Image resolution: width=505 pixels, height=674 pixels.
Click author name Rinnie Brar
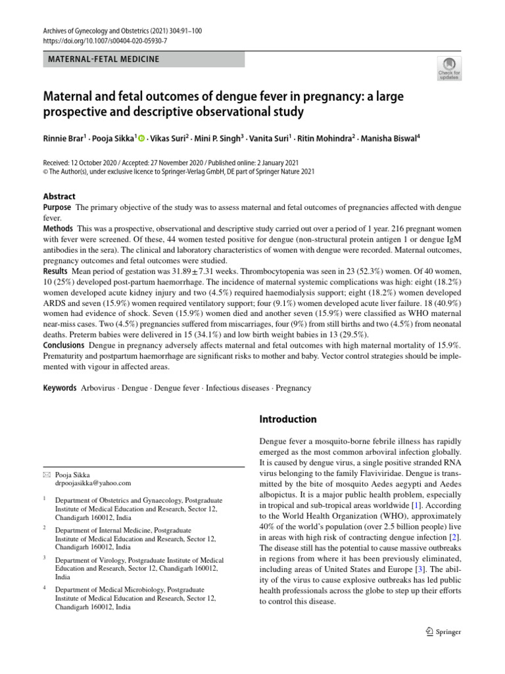(62, 139)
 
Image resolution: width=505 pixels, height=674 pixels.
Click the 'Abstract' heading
(59, 196)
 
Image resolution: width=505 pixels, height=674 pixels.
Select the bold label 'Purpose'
(58, 208)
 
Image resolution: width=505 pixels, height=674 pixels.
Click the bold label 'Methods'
(59, 228)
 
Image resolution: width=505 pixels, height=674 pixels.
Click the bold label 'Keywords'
(60, 388)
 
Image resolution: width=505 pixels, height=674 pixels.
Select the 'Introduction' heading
(288, 419)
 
